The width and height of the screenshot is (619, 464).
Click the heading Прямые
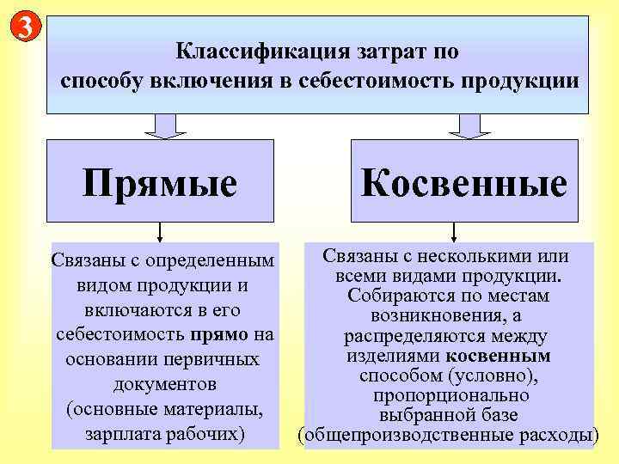pos(160,182)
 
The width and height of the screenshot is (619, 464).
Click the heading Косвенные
pos(464,182)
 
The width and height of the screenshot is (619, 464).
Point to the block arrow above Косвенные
pos(469,125)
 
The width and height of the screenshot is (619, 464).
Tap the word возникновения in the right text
pos(441,316)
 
